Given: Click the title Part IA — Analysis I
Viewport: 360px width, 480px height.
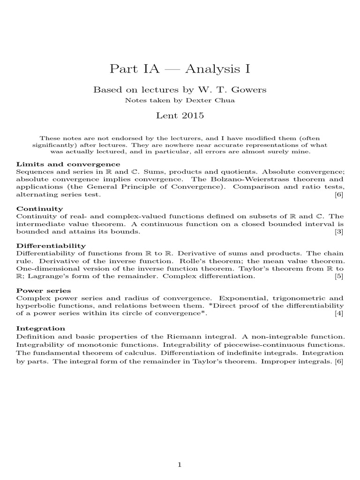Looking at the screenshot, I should [x=180, y=69].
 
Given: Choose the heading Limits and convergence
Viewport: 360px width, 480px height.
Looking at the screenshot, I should [x=68, y=165].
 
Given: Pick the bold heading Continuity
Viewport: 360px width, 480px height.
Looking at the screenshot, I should [x=40, y=208].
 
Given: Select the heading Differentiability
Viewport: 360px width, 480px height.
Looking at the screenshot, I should [x=51, y=246].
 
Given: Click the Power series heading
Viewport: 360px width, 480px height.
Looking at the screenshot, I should [x=44, y=291].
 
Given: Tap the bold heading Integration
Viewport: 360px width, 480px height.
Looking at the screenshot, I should [x=41, y=328].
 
